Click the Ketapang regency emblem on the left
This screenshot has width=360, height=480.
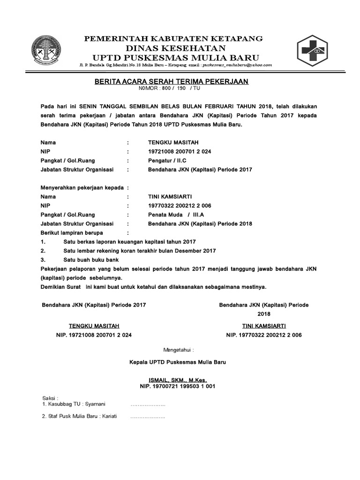click(45, 52)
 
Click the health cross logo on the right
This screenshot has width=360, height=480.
click(315, 51)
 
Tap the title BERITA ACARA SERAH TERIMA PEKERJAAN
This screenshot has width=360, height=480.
click(171, 82)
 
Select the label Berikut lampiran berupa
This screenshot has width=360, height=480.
click(72, 232)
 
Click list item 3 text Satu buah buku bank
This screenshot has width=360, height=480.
click(91, 260)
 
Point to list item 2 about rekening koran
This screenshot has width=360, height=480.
click(139, 251)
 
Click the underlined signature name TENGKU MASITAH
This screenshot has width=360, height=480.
click(94, 326)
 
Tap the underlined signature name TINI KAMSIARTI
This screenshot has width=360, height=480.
click(264, 326)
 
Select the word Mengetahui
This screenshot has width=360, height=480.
click(178, 350)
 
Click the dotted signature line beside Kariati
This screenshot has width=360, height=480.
click(148, 416)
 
